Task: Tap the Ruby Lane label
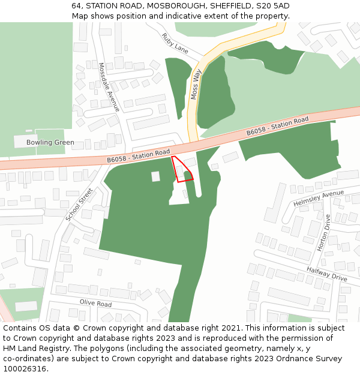[x=175, y=44]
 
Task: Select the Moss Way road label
[x=195, y=84]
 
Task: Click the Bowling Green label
[x=50, y=142]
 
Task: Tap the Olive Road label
[x=96, y=304]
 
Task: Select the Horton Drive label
[x=323, y=233]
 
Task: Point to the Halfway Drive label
[x=326, y=274]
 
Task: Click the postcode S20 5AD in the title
[x=274, y=6]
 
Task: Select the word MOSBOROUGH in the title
[x=167, y=6]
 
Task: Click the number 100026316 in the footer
[x=24, y=369]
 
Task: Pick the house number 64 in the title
[x=76, y=6]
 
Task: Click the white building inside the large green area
[x=155, y=176]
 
